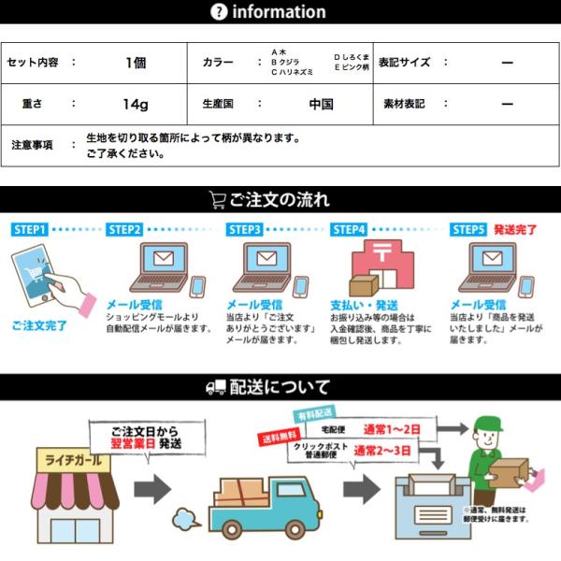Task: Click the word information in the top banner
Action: pyautogui.click(x=279, y=12)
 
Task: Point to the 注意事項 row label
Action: pyautogui.click(x=32, y=145)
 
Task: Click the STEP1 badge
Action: pyautogui.click(x=31, y=229)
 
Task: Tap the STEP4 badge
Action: pyautogui.click(x=349, y=229)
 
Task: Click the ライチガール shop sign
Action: pyautogui.click(x=73, y=461)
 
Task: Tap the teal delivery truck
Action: pyautogui.click(x=256, y=505)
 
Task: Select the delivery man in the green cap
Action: pyautogui.click(x=492, y=458)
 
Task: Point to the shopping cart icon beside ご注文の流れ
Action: pyautogui.click(x=217, y=200)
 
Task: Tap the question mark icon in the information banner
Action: pyautogui.click(x=219, y=12)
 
